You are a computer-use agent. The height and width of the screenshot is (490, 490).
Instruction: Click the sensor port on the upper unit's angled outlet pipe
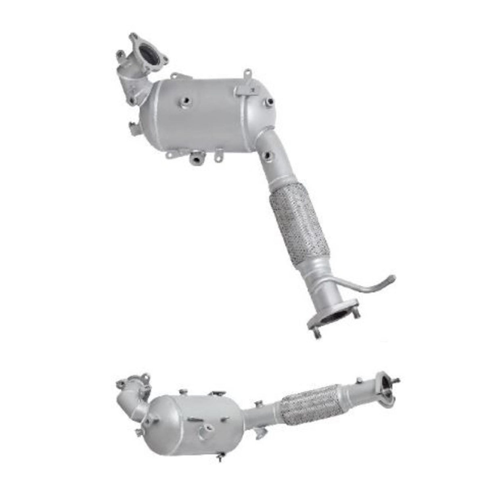[268, 154]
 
